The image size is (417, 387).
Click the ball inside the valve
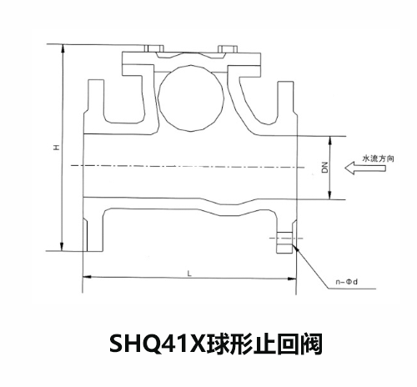point(191,98)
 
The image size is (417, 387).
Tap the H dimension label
point(57,147)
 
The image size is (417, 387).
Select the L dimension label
point(189,274)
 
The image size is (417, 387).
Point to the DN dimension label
point(324,168)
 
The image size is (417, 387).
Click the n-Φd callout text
point(346,282)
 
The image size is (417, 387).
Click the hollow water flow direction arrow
point(365,168)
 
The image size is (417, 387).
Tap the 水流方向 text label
point(378,158)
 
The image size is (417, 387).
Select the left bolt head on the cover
point(154,48)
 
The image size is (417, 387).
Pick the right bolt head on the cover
point(228,48)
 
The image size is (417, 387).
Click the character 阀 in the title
point(311,344)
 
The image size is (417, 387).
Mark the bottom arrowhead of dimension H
point(62,246)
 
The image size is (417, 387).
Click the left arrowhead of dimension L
point(88,277)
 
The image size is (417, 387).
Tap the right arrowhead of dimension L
point(292,278)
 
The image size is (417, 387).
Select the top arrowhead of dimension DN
point(329,141)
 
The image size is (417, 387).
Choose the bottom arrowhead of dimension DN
point(329,195)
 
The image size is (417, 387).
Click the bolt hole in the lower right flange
point(284,239)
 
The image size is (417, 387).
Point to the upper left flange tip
point(96,81)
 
